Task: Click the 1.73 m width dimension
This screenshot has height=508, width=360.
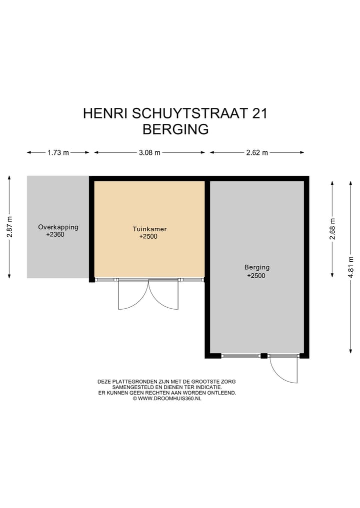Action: pos(58,153)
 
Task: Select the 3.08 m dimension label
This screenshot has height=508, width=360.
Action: pos(149,153)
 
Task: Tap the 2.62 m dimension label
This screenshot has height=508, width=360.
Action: pos(257,153)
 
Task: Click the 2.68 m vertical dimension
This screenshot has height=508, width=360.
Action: pos(332,229)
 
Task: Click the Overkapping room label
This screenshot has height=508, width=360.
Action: pos(58,227)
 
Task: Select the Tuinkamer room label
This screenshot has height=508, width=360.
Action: pos(149,229)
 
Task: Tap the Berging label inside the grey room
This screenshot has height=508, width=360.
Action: pos(256,267)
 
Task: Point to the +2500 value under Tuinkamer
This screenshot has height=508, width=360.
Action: pos(148,237)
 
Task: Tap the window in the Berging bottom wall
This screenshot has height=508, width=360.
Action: pos(240,356)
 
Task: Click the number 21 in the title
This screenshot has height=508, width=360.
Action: pos(259,113)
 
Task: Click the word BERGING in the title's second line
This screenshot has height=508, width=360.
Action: pos(175,129)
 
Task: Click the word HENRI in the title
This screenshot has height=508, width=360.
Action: pos(105,113)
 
